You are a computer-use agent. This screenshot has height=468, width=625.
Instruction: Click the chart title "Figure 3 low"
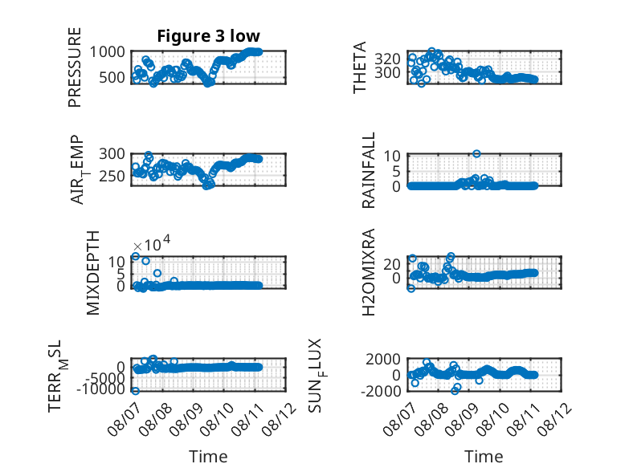208,36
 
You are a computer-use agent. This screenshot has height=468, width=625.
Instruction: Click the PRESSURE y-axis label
75,67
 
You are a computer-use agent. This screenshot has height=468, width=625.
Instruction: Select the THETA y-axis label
360,67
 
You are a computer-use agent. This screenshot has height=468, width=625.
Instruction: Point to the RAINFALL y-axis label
369,170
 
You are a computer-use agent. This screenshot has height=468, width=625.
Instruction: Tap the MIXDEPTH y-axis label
92,273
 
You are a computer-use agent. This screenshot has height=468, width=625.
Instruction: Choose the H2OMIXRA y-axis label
369,272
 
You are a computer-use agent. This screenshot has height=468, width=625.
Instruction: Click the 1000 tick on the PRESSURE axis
107,52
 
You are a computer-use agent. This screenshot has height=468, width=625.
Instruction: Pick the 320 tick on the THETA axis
387,59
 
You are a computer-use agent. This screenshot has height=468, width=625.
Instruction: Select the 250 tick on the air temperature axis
112,176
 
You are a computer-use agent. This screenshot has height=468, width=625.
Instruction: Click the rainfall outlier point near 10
476,154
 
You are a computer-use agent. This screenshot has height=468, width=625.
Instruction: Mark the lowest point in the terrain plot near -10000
136,391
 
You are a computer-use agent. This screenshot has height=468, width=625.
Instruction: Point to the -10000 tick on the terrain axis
101,389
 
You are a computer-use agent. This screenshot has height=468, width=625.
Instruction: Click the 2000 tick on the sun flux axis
383,360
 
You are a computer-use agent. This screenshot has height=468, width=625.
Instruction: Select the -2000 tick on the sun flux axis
381,391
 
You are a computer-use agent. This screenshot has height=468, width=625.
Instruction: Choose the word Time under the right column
484,456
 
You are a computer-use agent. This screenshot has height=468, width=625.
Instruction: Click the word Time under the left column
208,456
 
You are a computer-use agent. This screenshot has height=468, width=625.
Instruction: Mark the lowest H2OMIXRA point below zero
411,288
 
